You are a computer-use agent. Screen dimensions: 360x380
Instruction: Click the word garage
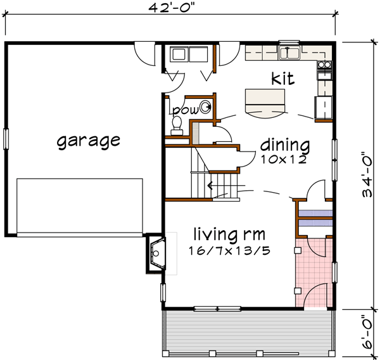(88, 140)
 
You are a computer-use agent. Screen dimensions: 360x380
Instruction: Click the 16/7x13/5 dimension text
(229, 250)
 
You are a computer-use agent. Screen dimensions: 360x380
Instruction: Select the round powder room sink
(206, 107)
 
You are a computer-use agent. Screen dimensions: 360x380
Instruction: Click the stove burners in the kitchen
(325, 64)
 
